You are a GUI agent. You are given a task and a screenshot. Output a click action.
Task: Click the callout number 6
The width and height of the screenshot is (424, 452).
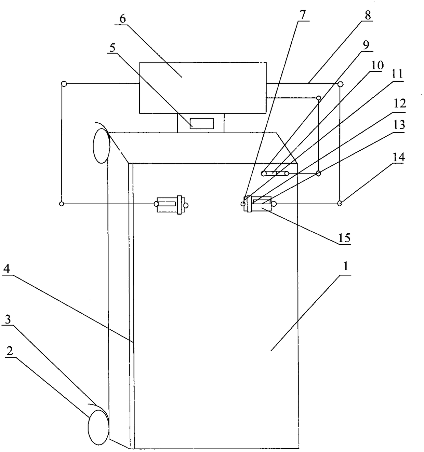122,18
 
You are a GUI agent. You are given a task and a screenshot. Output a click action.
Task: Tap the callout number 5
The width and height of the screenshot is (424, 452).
112,47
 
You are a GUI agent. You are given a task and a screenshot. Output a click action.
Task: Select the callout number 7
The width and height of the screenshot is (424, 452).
303,15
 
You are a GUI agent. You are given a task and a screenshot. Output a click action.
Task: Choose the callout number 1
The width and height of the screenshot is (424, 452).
346,266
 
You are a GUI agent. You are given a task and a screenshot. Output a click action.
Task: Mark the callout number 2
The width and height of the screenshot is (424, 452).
10,351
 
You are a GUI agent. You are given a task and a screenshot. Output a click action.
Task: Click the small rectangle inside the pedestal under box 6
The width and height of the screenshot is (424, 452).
202,123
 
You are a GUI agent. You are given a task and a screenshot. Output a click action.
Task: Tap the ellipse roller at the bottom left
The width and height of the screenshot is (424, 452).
98,427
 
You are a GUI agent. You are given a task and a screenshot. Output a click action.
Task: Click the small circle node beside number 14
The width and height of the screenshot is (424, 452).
340,204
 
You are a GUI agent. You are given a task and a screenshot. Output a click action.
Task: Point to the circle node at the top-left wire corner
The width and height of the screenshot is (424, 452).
63,83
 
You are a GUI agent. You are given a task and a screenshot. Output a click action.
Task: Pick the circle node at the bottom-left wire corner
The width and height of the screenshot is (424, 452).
62,204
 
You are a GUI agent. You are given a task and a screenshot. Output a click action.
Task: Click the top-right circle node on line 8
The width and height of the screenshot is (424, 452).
340,84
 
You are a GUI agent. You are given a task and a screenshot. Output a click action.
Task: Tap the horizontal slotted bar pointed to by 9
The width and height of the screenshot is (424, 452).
275,174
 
